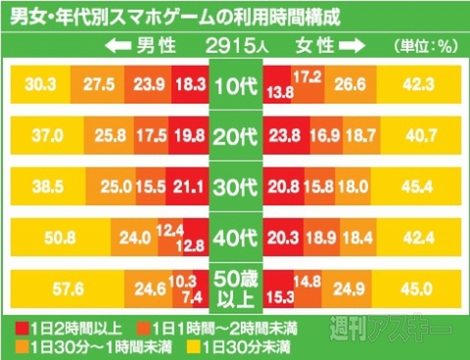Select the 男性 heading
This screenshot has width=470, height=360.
162,45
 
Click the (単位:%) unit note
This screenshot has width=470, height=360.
426,45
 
